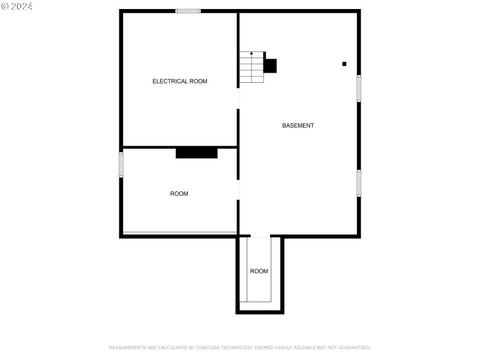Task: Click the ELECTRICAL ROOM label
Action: pos(179,81)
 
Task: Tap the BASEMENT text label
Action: pos(298,125)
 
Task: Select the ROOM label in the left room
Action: pos(179,194)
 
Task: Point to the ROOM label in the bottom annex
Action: pos(259,271)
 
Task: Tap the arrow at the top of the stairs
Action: pos(251,54)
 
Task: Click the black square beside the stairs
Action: pos(271,66)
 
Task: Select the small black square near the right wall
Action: pos(344,64)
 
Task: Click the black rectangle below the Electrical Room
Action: pos(196,153)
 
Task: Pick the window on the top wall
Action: pos(188,11)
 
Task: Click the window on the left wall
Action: pos(121,164)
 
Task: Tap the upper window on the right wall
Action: pos(359,88)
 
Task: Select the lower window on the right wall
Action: pos(359,183)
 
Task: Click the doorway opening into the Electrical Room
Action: pos(238,98)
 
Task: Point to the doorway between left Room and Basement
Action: pos(238,190)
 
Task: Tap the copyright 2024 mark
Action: pos(17,6)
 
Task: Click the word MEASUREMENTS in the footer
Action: pos(127,347)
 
